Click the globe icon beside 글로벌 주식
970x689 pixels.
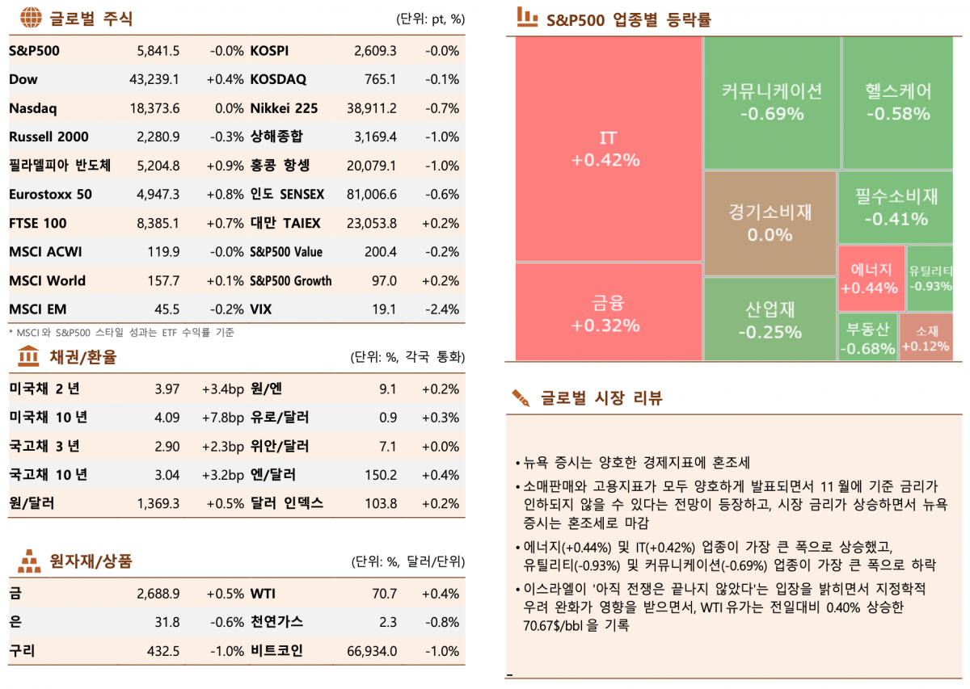(31, 18)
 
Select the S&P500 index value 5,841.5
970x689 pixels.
(158, 51)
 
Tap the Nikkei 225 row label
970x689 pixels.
(284, 108)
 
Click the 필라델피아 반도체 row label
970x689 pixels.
(60, 166)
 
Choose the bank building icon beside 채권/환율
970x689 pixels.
(28, 356)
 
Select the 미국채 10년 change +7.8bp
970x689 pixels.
(222, 418)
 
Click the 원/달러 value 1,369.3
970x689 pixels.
(158, 503)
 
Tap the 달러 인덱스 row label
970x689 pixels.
(287, 503)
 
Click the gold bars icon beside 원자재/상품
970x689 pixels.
(29, 560)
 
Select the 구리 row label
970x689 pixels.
(22, 651)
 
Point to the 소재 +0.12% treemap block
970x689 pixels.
(926, 338)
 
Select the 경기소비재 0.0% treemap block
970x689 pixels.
(770, 223)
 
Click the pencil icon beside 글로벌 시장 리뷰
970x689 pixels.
(521, 397)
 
